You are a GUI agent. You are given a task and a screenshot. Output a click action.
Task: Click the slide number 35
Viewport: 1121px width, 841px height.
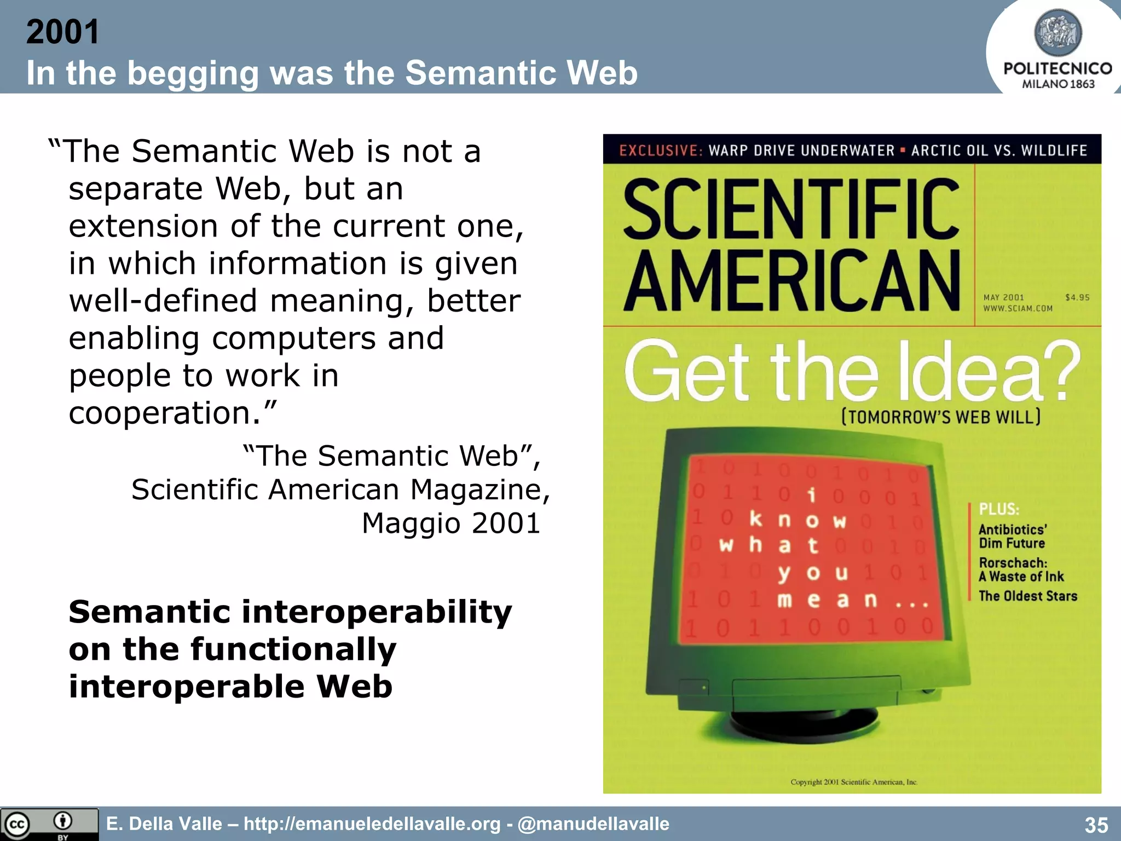tap(1096, 825)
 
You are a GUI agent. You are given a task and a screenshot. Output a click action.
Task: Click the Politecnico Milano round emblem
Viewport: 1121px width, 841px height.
tap(1058, 32)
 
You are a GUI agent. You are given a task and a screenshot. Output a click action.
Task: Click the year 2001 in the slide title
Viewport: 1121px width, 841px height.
tap(62, 32)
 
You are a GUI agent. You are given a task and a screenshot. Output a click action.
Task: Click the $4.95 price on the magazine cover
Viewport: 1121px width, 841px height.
tap(1077, 297)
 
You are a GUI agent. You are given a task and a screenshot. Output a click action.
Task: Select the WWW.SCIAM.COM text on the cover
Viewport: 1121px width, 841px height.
tap(1018, 308)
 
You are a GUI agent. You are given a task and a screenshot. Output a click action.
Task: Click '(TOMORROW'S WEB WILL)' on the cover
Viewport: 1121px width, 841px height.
tap(940, 417)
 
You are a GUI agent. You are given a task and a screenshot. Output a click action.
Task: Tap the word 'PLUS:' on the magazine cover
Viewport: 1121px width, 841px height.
tap(999, 509)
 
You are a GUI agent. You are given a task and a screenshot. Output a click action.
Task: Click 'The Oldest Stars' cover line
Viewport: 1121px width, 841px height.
tap(1027, 596)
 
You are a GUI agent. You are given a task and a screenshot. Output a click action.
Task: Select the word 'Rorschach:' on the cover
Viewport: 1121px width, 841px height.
tap(1013, 563)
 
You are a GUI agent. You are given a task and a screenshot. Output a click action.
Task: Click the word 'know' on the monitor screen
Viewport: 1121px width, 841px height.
tap(798, 520)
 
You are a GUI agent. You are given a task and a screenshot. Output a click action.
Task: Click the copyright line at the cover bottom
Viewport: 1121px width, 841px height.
tap(853, 782)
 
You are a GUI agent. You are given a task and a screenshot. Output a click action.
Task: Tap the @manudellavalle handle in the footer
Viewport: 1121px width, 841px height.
tap(593, 824)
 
